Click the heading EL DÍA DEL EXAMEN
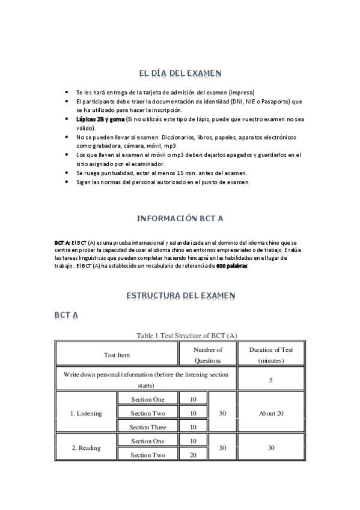click(180, 73)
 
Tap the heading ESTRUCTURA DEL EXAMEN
click(180, 296)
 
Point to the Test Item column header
click(117, 355)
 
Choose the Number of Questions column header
click(208, 355)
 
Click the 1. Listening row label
click(87, 413)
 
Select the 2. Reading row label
click(87, 448)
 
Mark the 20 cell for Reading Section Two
click(194, 455)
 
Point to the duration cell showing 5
click(270, 380)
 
